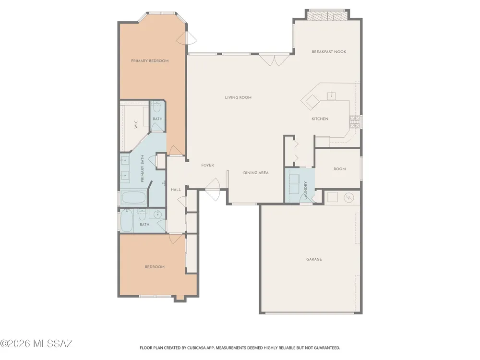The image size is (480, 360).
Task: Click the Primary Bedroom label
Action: tap(150, 60)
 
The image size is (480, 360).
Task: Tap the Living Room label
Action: tap(238, 97)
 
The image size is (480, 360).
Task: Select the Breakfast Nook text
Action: tap(329, 52)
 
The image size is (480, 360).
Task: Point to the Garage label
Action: tap(314, 259)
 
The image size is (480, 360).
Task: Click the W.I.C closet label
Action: tap(136, 124)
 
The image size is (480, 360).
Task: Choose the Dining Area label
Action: tap(256, 173)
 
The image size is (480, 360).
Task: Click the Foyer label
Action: tap(207, 165)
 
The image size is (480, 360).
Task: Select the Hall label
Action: tap(176, 190)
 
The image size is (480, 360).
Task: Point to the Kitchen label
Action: tap(320, 119)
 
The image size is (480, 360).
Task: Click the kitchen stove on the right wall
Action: tap(355, 122)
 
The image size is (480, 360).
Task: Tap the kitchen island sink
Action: tap(332, 96)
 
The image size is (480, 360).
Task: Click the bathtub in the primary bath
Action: tap(133, 198)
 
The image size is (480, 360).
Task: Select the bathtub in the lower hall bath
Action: tap(126, 220)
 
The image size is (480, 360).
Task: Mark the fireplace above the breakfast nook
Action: tap(327, 15)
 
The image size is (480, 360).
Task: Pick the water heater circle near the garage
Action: tap(348, 198)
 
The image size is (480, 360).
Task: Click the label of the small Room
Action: tap(339, 168)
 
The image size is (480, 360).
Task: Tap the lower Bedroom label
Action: tap(155, 266)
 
